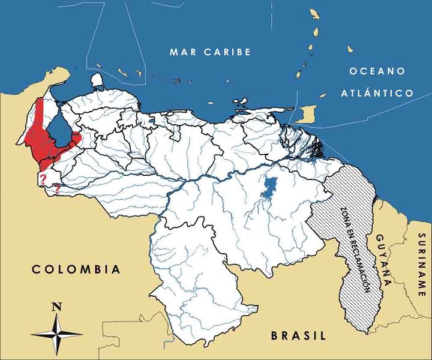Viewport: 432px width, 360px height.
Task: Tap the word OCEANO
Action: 376,71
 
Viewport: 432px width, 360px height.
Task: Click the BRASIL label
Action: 298,335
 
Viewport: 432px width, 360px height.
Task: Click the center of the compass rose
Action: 57,334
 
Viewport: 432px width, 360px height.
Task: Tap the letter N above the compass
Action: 57,307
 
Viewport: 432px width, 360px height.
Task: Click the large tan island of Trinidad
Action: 307,112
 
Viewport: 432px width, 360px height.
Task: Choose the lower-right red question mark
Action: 57,189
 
